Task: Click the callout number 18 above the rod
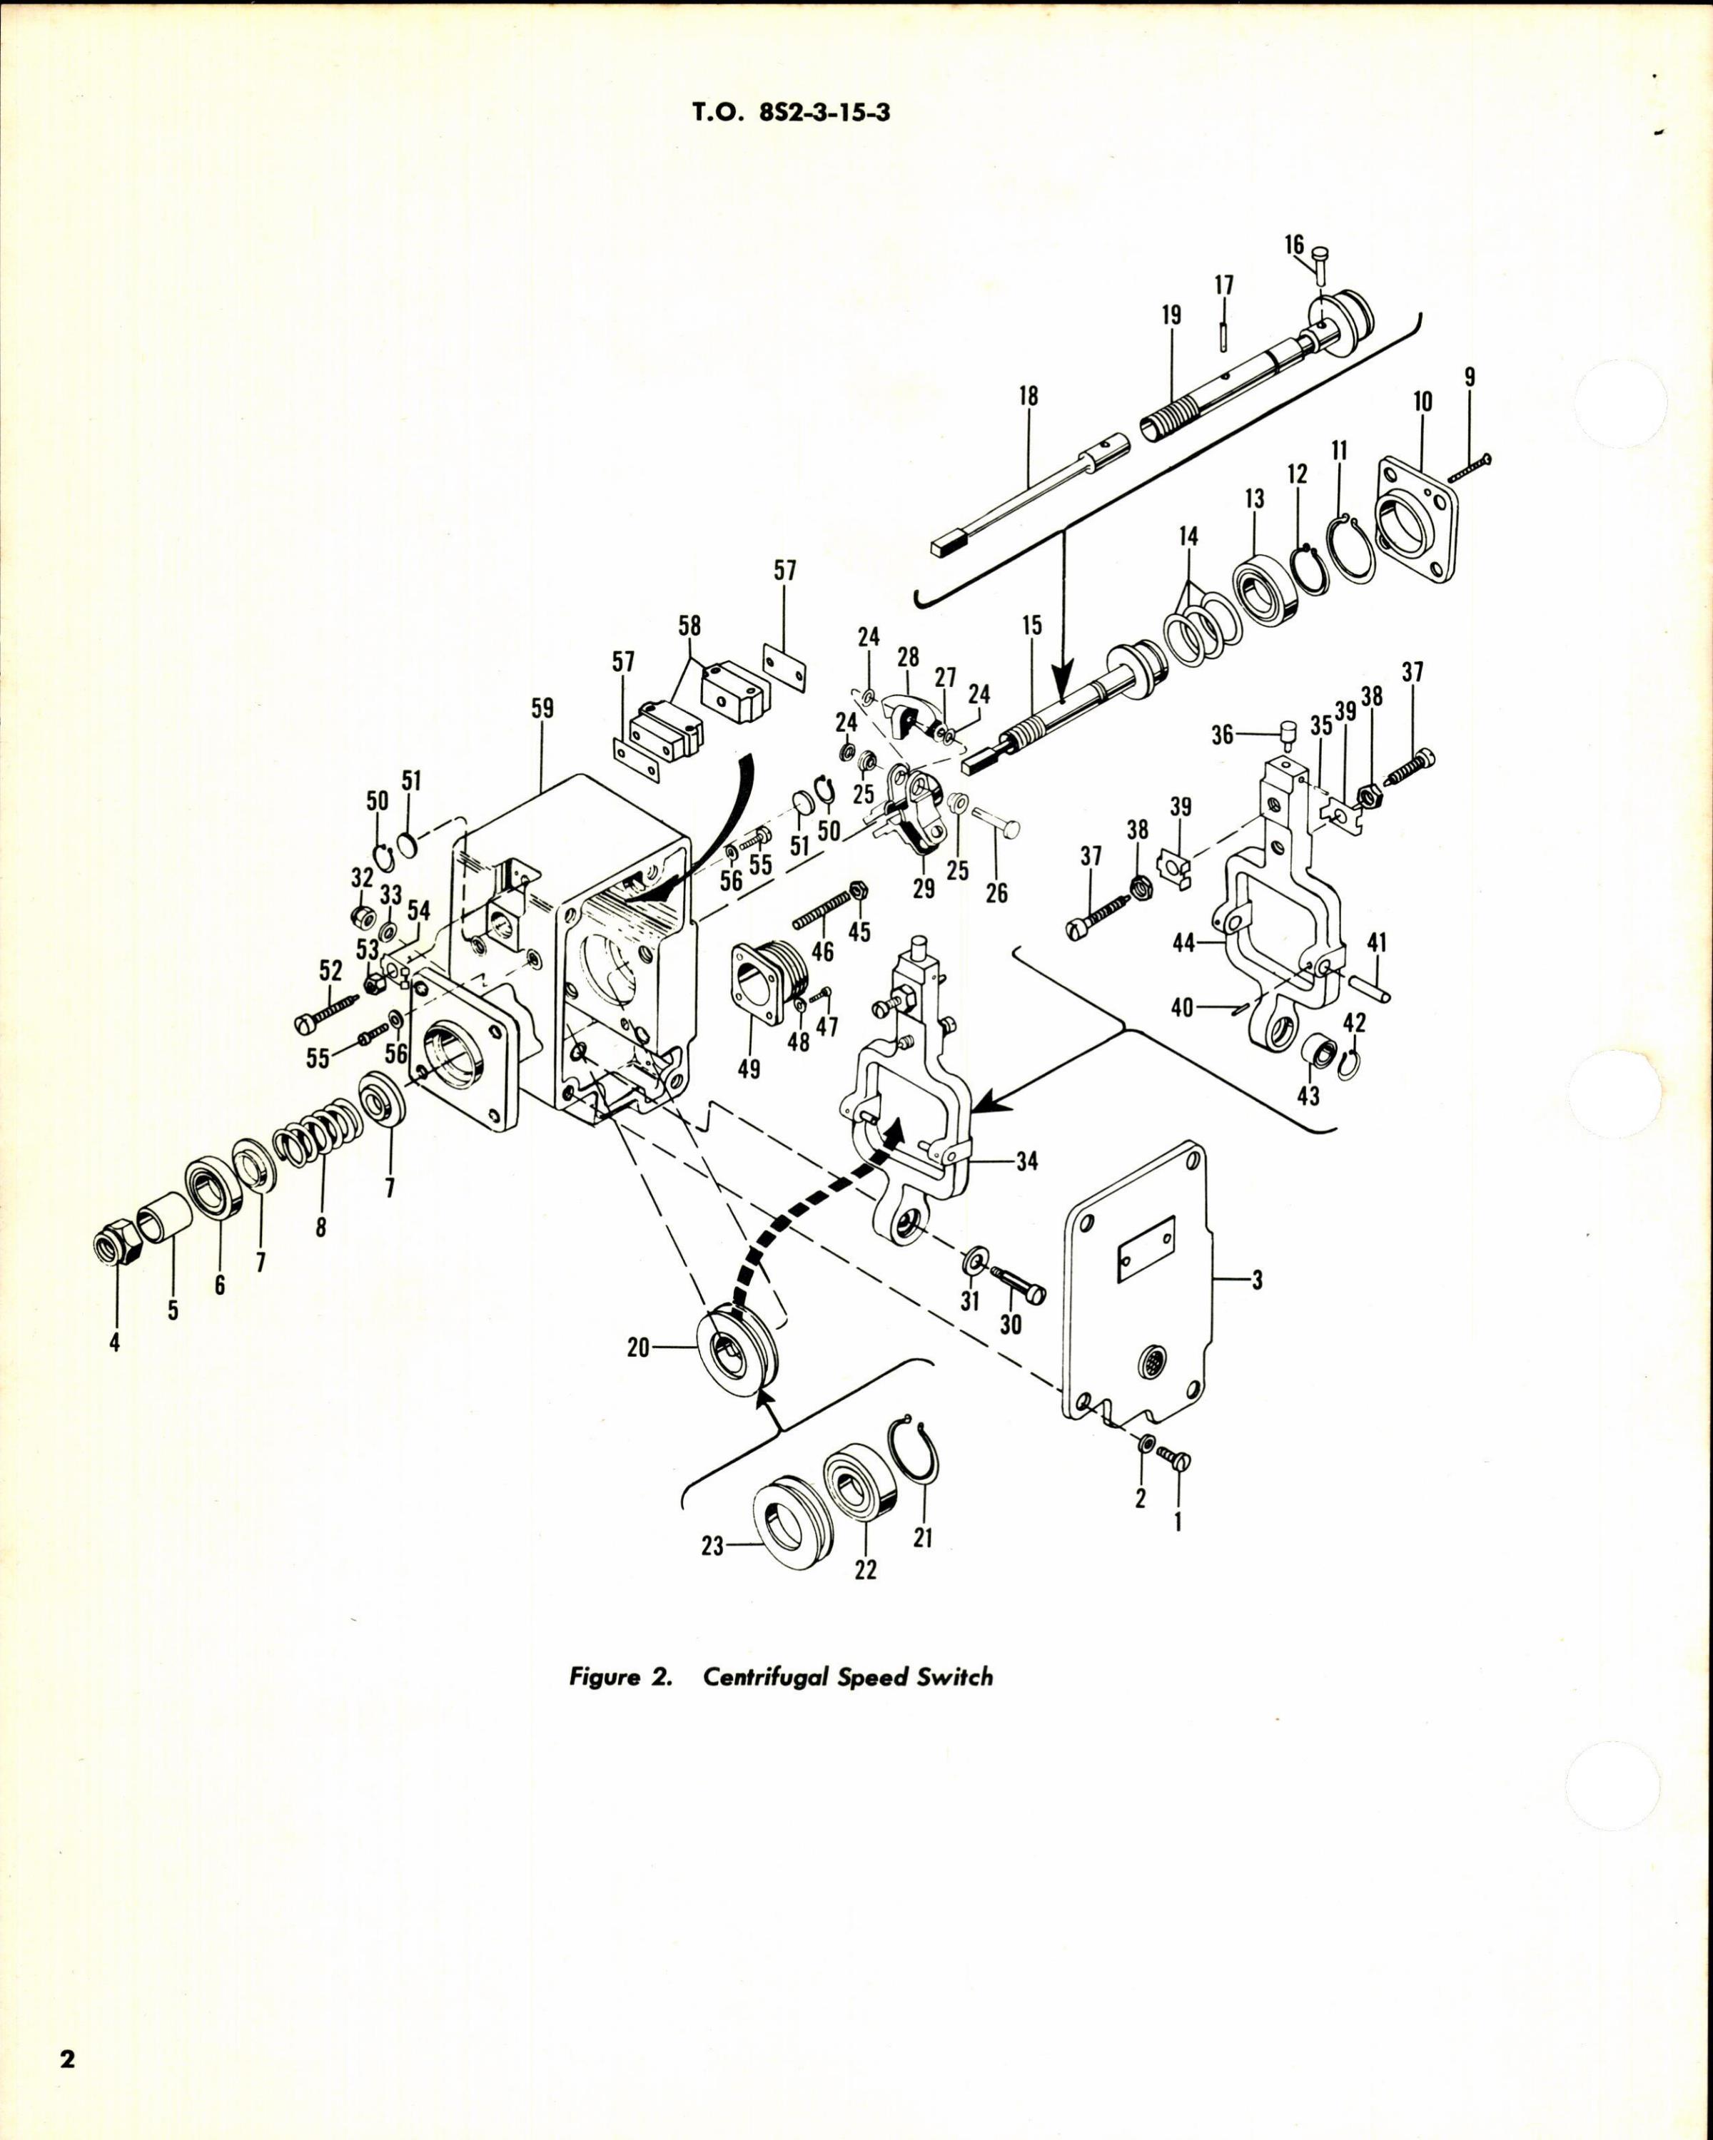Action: click(x=1028, y=396)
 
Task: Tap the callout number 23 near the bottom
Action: click(x=712, y=1547)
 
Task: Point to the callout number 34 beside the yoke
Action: click(x=1027, y=1161)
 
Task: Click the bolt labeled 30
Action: click(x=1023, y=1290)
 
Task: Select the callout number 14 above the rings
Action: click(x=1188, y=537)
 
